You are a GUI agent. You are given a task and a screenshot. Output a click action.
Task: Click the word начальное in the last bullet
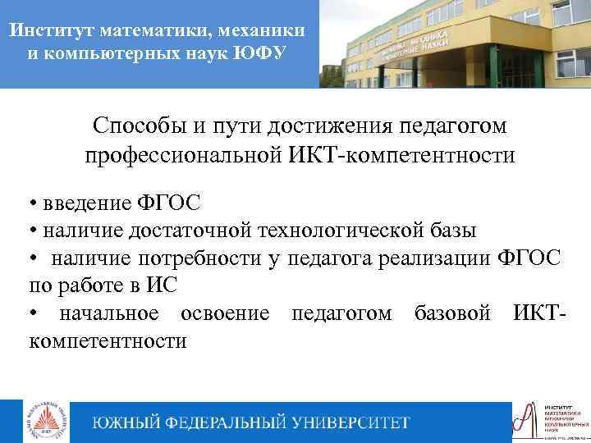click(107, 313)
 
